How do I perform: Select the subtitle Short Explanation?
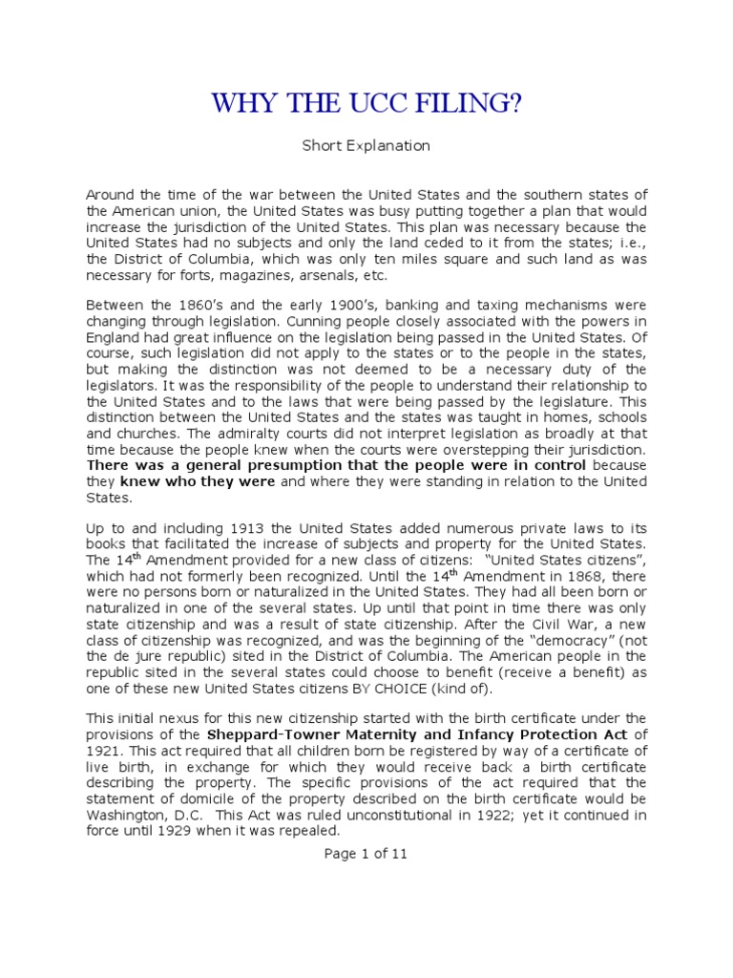(366, 146)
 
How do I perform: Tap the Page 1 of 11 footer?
(366, 854)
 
